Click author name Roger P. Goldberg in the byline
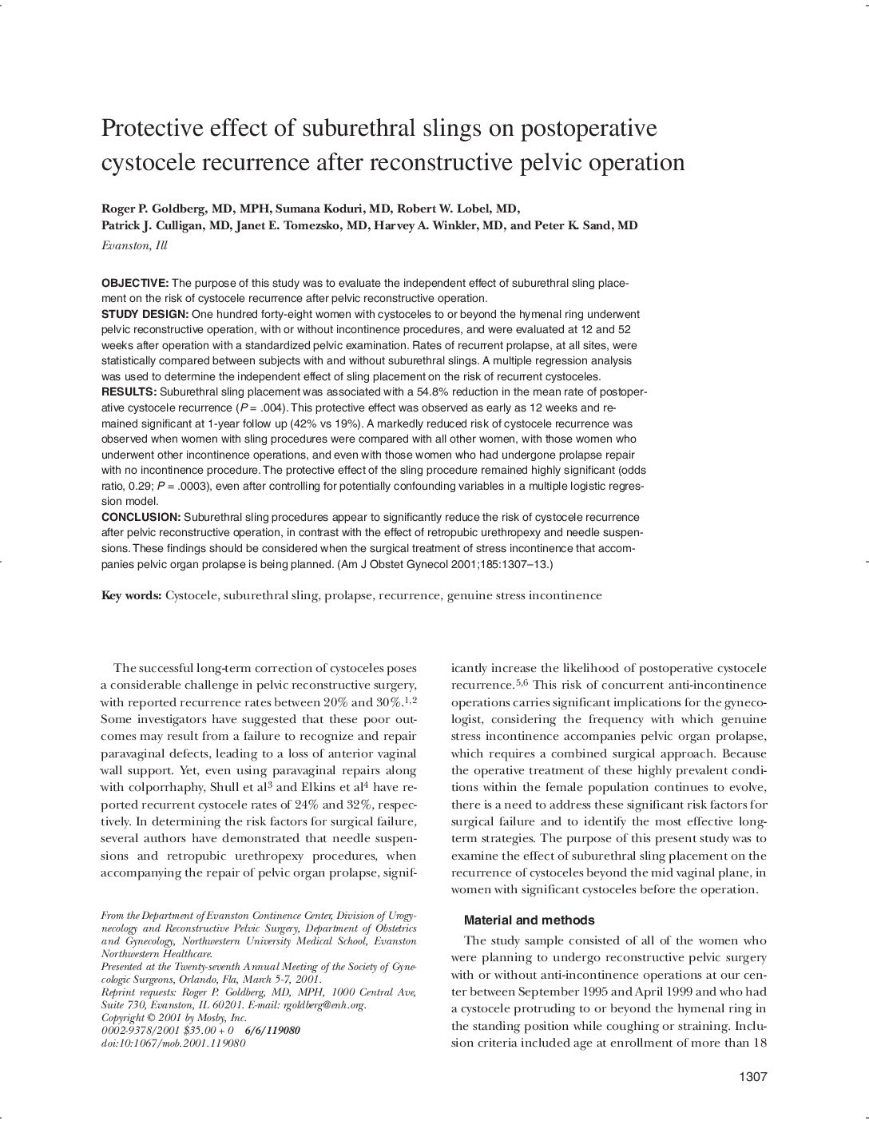click(151, 209)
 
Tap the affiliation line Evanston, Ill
click(134, 245)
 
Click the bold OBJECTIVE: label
click(135, 284)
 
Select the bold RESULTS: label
click(129, 392)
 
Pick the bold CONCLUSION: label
click(141, 517)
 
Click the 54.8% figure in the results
click(436, 392)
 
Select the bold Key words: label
click(132, 595)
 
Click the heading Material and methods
click(529, 920)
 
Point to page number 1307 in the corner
click(752, 1077)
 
